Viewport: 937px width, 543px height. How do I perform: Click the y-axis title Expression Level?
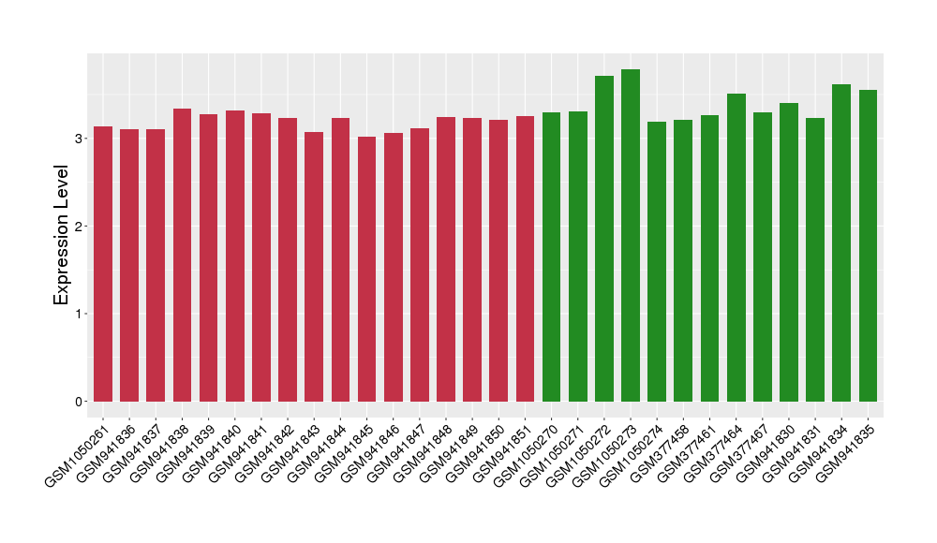tap(61, 235)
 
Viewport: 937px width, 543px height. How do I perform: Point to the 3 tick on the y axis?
tap(82, 139)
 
